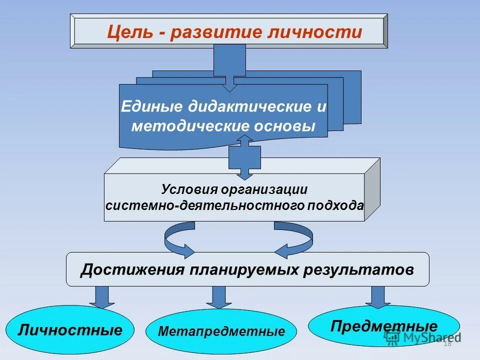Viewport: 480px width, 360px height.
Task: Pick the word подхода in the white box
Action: click(340, 205)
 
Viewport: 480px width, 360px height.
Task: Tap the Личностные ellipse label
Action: click(70, 330)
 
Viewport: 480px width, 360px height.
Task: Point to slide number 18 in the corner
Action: click(447, 343)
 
